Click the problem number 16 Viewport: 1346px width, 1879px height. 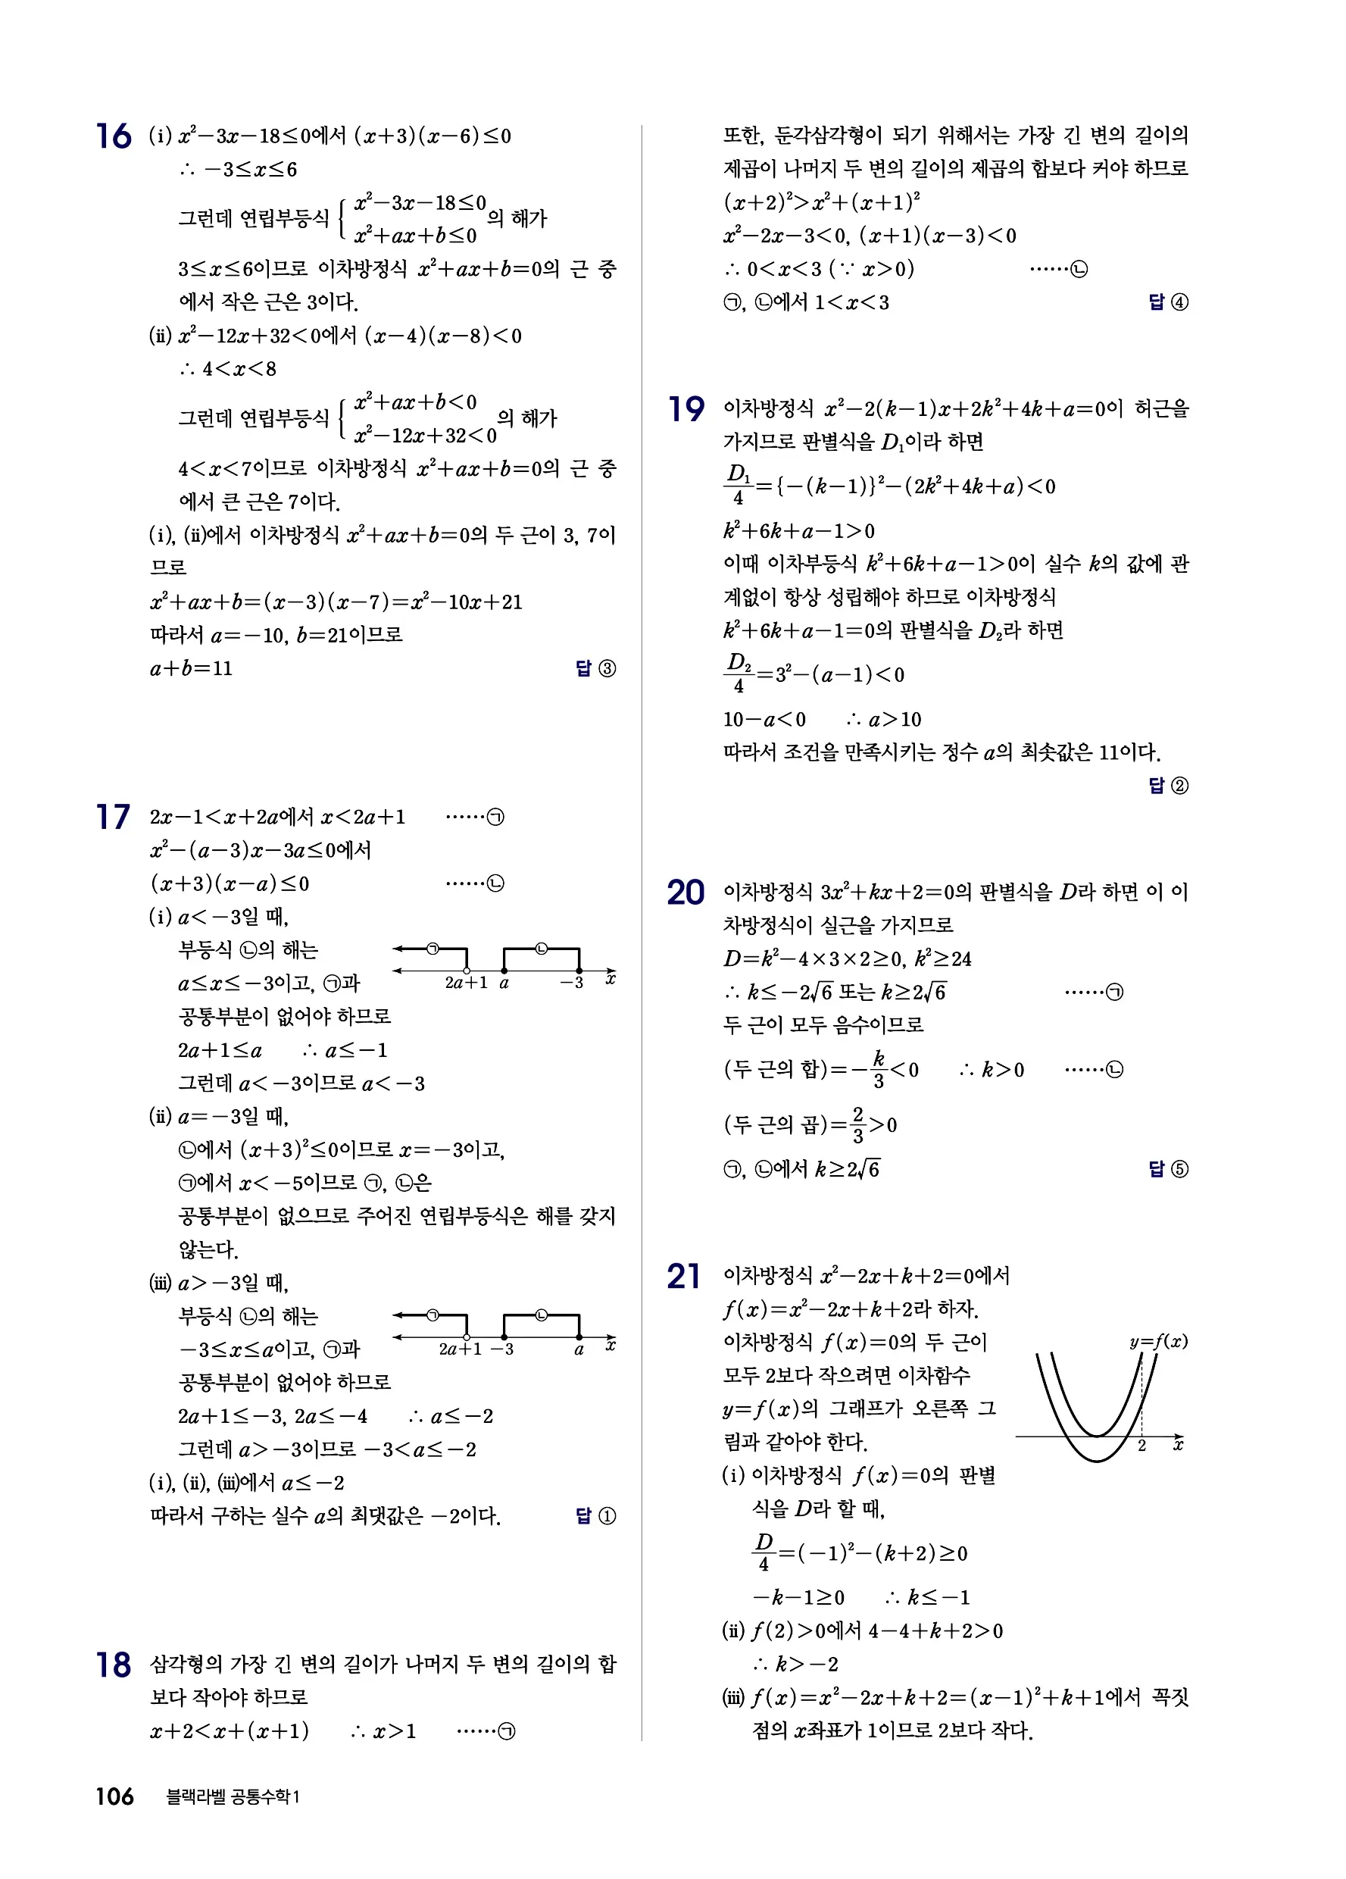click(x=114, y=136)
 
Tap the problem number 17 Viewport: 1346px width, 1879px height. click(x=113, y=817)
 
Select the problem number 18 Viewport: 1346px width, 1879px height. click(x=114, y=1665)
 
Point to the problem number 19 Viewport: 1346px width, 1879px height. click(x=685, y=408)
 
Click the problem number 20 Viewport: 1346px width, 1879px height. click(x=685, y=893)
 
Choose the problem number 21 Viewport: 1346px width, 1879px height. click(x=683, y=1277)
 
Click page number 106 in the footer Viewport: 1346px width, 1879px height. click(x=114, y=1796)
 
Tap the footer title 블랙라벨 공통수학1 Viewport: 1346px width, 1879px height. click(x=233, y=1797)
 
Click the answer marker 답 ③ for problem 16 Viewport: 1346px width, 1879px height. click(x=595, y=668)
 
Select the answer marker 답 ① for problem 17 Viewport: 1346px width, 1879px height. click(x=595, y=1516)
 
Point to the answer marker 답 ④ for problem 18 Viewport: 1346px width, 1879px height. click(x=1168, y=302)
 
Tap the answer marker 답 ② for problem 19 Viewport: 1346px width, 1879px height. click(x=1168, y=786)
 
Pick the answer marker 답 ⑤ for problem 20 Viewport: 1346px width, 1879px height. click(x=1168, y=1169)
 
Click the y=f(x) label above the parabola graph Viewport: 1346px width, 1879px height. click(x=1158, y=1341)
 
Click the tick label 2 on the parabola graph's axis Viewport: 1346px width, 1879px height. click(x=1141, y=1446)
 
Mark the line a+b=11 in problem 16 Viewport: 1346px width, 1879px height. click(x=192, y=668)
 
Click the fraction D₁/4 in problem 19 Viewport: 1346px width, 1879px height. click(x=738, y=486)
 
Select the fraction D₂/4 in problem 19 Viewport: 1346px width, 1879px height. click(x=738, y=674)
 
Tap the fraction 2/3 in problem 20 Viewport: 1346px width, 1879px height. click(x=857, y=1124)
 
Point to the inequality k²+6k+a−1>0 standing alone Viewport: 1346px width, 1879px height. click(x=798, y=531)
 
